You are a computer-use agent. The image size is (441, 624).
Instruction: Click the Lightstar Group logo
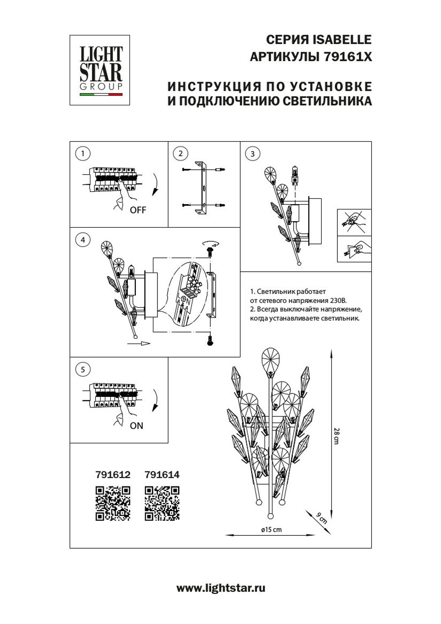(x=100, y=70)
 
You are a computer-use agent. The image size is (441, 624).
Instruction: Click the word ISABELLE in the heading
(x=342, y=40)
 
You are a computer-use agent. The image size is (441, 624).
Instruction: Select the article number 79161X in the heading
(x=348, y=57)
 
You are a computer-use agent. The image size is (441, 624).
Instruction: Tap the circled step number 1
(x=82, y=153)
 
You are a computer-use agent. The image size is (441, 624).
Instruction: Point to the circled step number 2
(x=180, y=153)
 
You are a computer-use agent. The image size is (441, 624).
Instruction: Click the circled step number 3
(x=252, y=153)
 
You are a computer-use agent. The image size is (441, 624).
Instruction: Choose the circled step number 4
(x=82, y=240)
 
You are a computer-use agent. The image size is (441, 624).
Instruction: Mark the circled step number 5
(x=82, y=369)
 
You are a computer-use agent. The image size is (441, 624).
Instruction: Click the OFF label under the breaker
(x=138, y=210)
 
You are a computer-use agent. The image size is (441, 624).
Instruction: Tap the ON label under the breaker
(x=136, y=426)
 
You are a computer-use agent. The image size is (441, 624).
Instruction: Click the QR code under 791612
(x=113, y=503)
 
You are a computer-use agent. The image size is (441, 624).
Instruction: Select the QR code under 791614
(x=162, y=503)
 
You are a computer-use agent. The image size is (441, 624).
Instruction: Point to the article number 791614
(x=162, y=475)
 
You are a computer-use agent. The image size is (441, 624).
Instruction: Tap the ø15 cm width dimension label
(x=271, y=530)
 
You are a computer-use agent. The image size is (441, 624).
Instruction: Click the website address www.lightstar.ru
(x=220, y=588)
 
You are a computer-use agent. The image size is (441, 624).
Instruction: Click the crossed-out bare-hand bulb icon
(x=354, y=222)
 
